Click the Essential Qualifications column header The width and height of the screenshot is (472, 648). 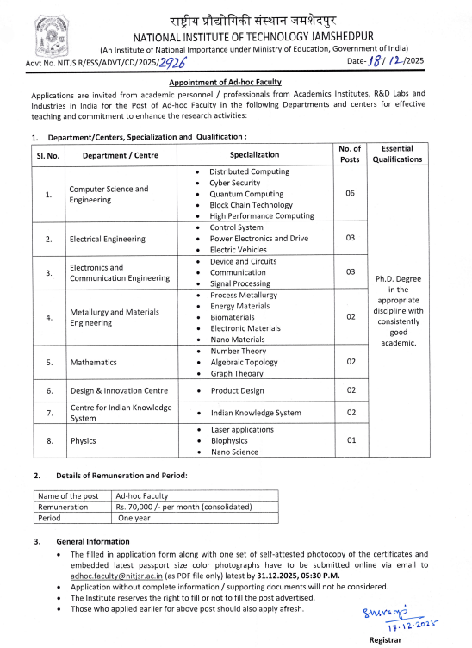pos(397,153)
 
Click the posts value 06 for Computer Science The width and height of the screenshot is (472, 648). pos(351,194)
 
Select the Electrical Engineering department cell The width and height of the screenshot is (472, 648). pos(107,239)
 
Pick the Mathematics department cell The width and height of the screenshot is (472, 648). pos(93,363)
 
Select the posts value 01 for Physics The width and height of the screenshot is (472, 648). pos(351,440)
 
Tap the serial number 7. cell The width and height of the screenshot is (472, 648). pos(48,413)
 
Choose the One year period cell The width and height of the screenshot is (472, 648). pos(136,519)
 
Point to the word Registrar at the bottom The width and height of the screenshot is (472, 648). pos(385,641)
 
